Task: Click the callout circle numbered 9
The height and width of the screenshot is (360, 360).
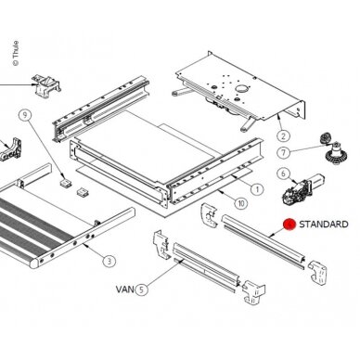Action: (25, 115)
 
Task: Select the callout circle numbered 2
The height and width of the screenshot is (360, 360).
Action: (283, 135)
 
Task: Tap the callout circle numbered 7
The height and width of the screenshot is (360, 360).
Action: (284, 152)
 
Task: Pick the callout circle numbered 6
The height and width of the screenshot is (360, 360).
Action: (283, 174)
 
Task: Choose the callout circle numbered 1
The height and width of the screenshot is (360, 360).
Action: (257, 189)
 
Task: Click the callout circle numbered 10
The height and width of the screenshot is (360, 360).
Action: (241, 203)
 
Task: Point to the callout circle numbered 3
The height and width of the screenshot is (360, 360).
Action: (109, 262)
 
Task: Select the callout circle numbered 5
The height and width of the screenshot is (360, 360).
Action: (141, 289)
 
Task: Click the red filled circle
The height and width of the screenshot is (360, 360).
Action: (289, 225)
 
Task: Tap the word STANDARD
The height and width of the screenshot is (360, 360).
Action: (324, 225)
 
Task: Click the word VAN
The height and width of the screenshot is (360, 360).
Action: (125, 289)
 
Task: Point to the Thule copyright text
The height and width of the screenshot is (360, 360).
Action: (15, 53)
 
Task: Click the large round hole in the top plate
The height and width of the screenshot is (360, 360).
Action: (241, 89)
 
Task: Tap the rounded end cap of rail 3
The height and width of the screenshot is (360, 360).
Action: (34, 263)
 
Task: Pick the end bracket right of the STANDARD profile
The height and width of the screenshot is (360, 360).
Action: (316, 272)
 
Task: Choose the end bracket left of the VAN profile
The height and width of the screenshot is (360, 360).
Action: (161, 245)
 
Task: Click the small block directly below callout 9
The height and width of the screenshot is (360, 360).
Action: (66, 181)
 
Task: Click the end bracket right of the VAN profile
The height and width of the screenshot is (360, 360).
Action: (254, 292)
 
